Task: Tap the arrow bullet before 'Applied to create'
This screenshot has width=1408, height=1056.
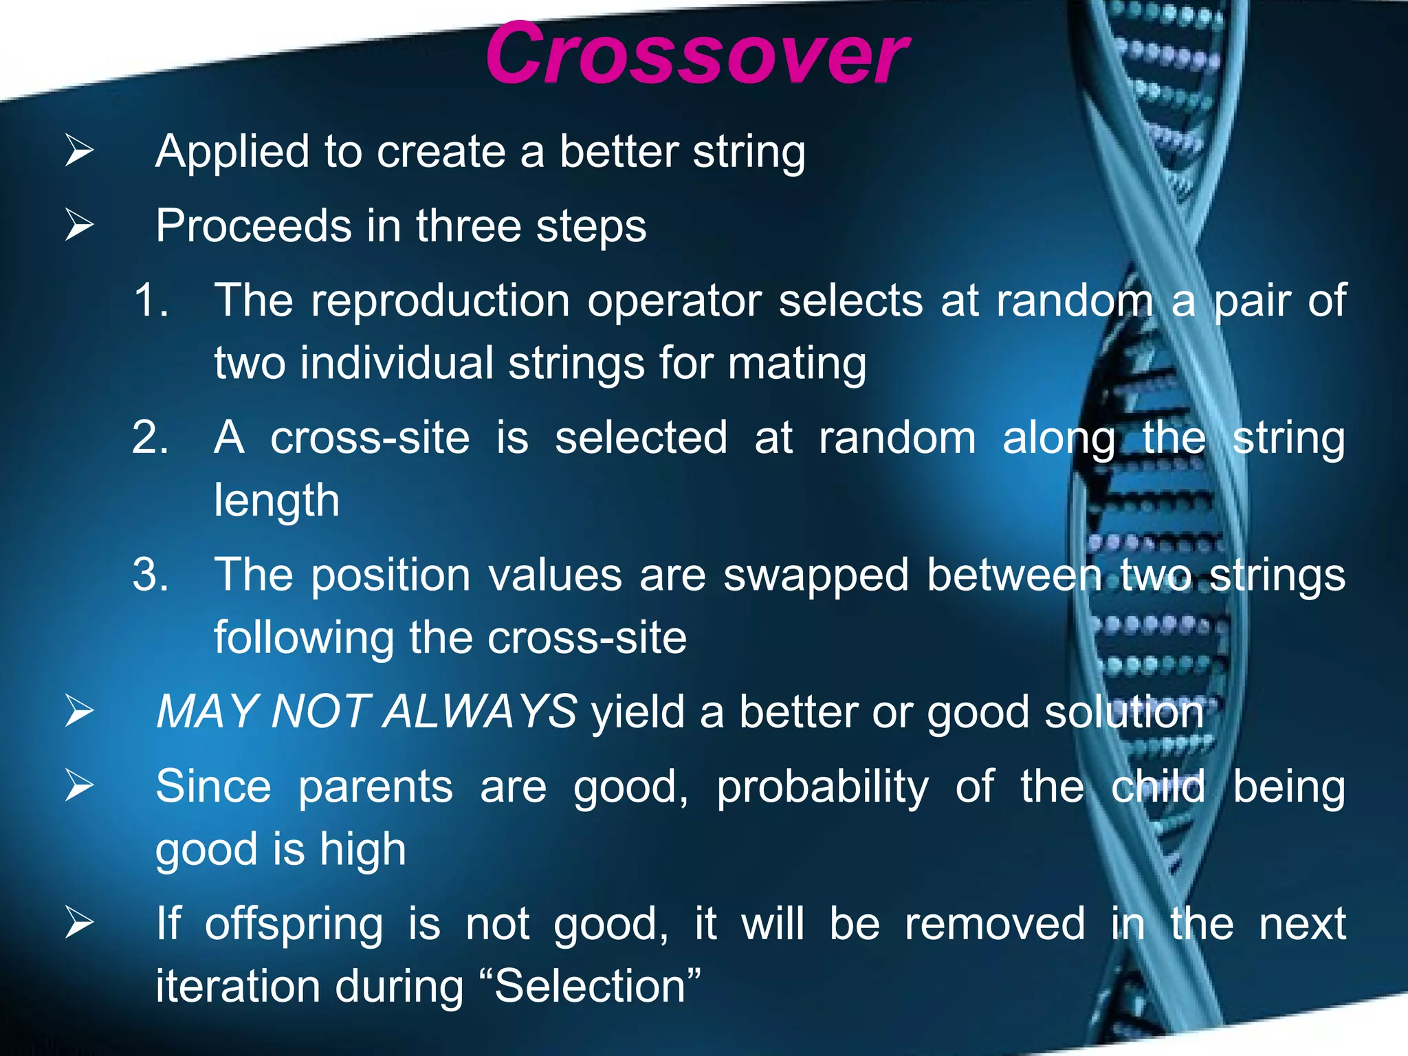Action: pos(79,151)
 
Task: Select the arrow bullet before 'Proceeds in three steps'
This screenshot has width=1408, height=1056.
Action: pos(79,225)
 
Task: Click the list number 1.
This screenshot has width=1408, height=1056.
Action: pos(151,300)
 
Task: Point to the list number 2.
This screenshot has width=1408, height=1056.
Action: pos(151,437)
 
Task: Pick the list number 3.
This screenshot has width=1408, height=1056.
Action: pos(151,575)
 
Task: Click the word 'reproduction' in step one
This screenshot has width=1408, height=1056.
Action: pos(440,302)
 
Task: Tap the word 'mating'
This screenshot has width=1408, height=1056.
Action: pos(797,364)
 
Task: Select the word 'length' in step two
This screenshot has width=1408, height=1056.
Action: pos(276,501)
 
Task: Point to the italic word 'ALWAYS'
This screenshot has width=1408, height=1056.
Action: pos(480,712)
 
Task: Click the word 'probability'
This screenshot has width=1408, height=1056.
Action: pos(822,787)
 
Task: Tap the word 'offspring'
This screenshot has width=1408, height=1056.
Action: pos(294,925)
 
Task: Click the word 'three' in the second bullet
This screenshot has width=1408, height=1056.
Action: pos(467,226)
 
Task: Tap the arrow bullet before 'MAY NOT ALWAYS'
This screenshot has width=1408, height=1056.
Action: pos(79,711)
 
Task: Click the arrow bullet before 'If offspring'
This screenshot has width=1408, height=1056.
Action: pos(79,923)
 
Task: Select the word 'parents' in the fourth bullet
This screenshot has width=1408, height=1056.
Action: pos(375,787)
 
